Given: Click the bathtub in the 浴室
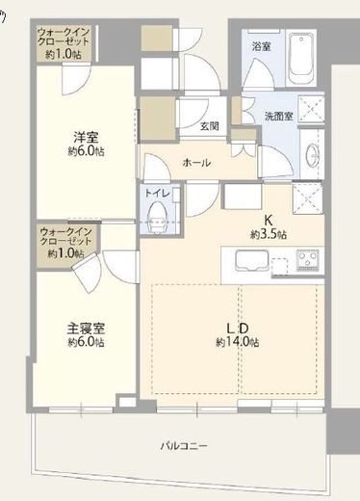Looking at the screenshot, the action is (301, 58).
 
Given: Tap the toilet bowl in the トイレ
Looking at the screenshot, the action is (158, 217).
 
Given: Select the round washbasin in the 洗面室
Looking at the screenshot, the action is (312, 154).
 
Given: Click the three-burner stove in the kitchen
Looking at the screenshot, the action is (308, 260).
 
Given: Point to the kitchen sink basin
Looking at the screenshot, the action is (252, 260).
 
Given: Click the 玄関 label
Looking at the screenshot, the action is (210, 126).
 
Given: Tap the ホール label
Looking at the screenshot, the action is (196, 163).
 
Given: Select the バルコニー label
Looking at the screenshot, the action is (184, 446).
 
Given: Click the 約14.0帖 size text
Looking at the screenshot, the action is (238, 342).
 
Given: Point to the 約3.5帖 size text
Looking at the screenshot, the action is (269, 234).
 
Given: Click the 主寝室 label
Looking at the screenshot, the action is (86, 329).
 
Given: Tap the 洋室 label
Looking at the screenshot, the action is (86, 138).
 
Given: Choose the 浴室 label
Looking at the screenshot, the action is (261, 46).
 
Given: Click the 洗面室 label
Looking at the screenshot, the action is (279, 116).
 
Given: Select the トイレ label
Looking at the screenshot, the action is (157, 193).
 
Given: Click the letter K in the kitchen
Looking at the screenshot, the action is (269, 221).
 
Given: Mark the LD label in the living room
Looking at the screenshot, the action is (238, 329).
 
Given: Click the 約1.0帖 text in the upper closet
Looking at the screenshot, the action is (64, 54).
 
